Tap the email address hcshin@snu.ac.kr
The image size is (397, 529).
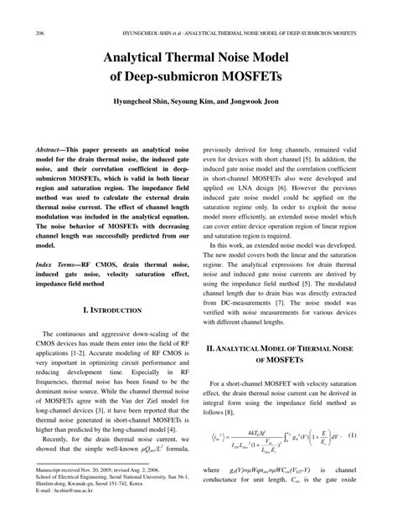[x=71, y=513]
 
